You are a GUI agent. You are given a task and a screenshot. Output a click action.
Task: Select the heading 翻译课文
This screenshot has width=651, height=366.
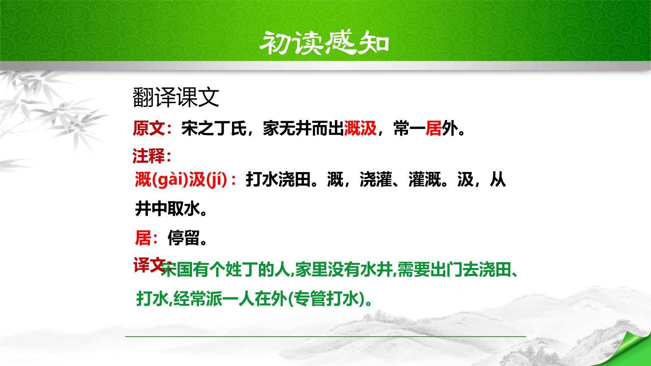pyautogui.click(x=176, y=98)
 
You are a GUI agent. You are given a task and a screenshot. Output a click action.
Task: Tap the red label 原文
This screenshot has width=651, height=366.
pyautogui.click(x=149, y=128)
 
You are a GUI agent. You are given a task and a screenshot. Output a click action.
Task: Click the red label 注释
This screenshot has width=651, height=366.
pyautogui.click(x=149, y=156)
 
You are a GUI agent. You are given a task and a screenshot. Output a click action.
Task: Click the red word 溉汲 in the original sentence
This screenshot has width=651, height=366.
pyautogui.click(x=361, y=128)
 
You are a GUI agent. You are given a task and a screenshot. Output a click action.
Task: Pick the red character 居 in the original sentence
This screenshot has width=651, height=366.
pyautogui.click(x=433, y=128)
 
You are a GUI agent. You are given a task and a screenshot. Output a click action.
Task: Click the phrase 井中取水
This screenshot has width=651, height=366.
pyautogui.click(x=167, y=209)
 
